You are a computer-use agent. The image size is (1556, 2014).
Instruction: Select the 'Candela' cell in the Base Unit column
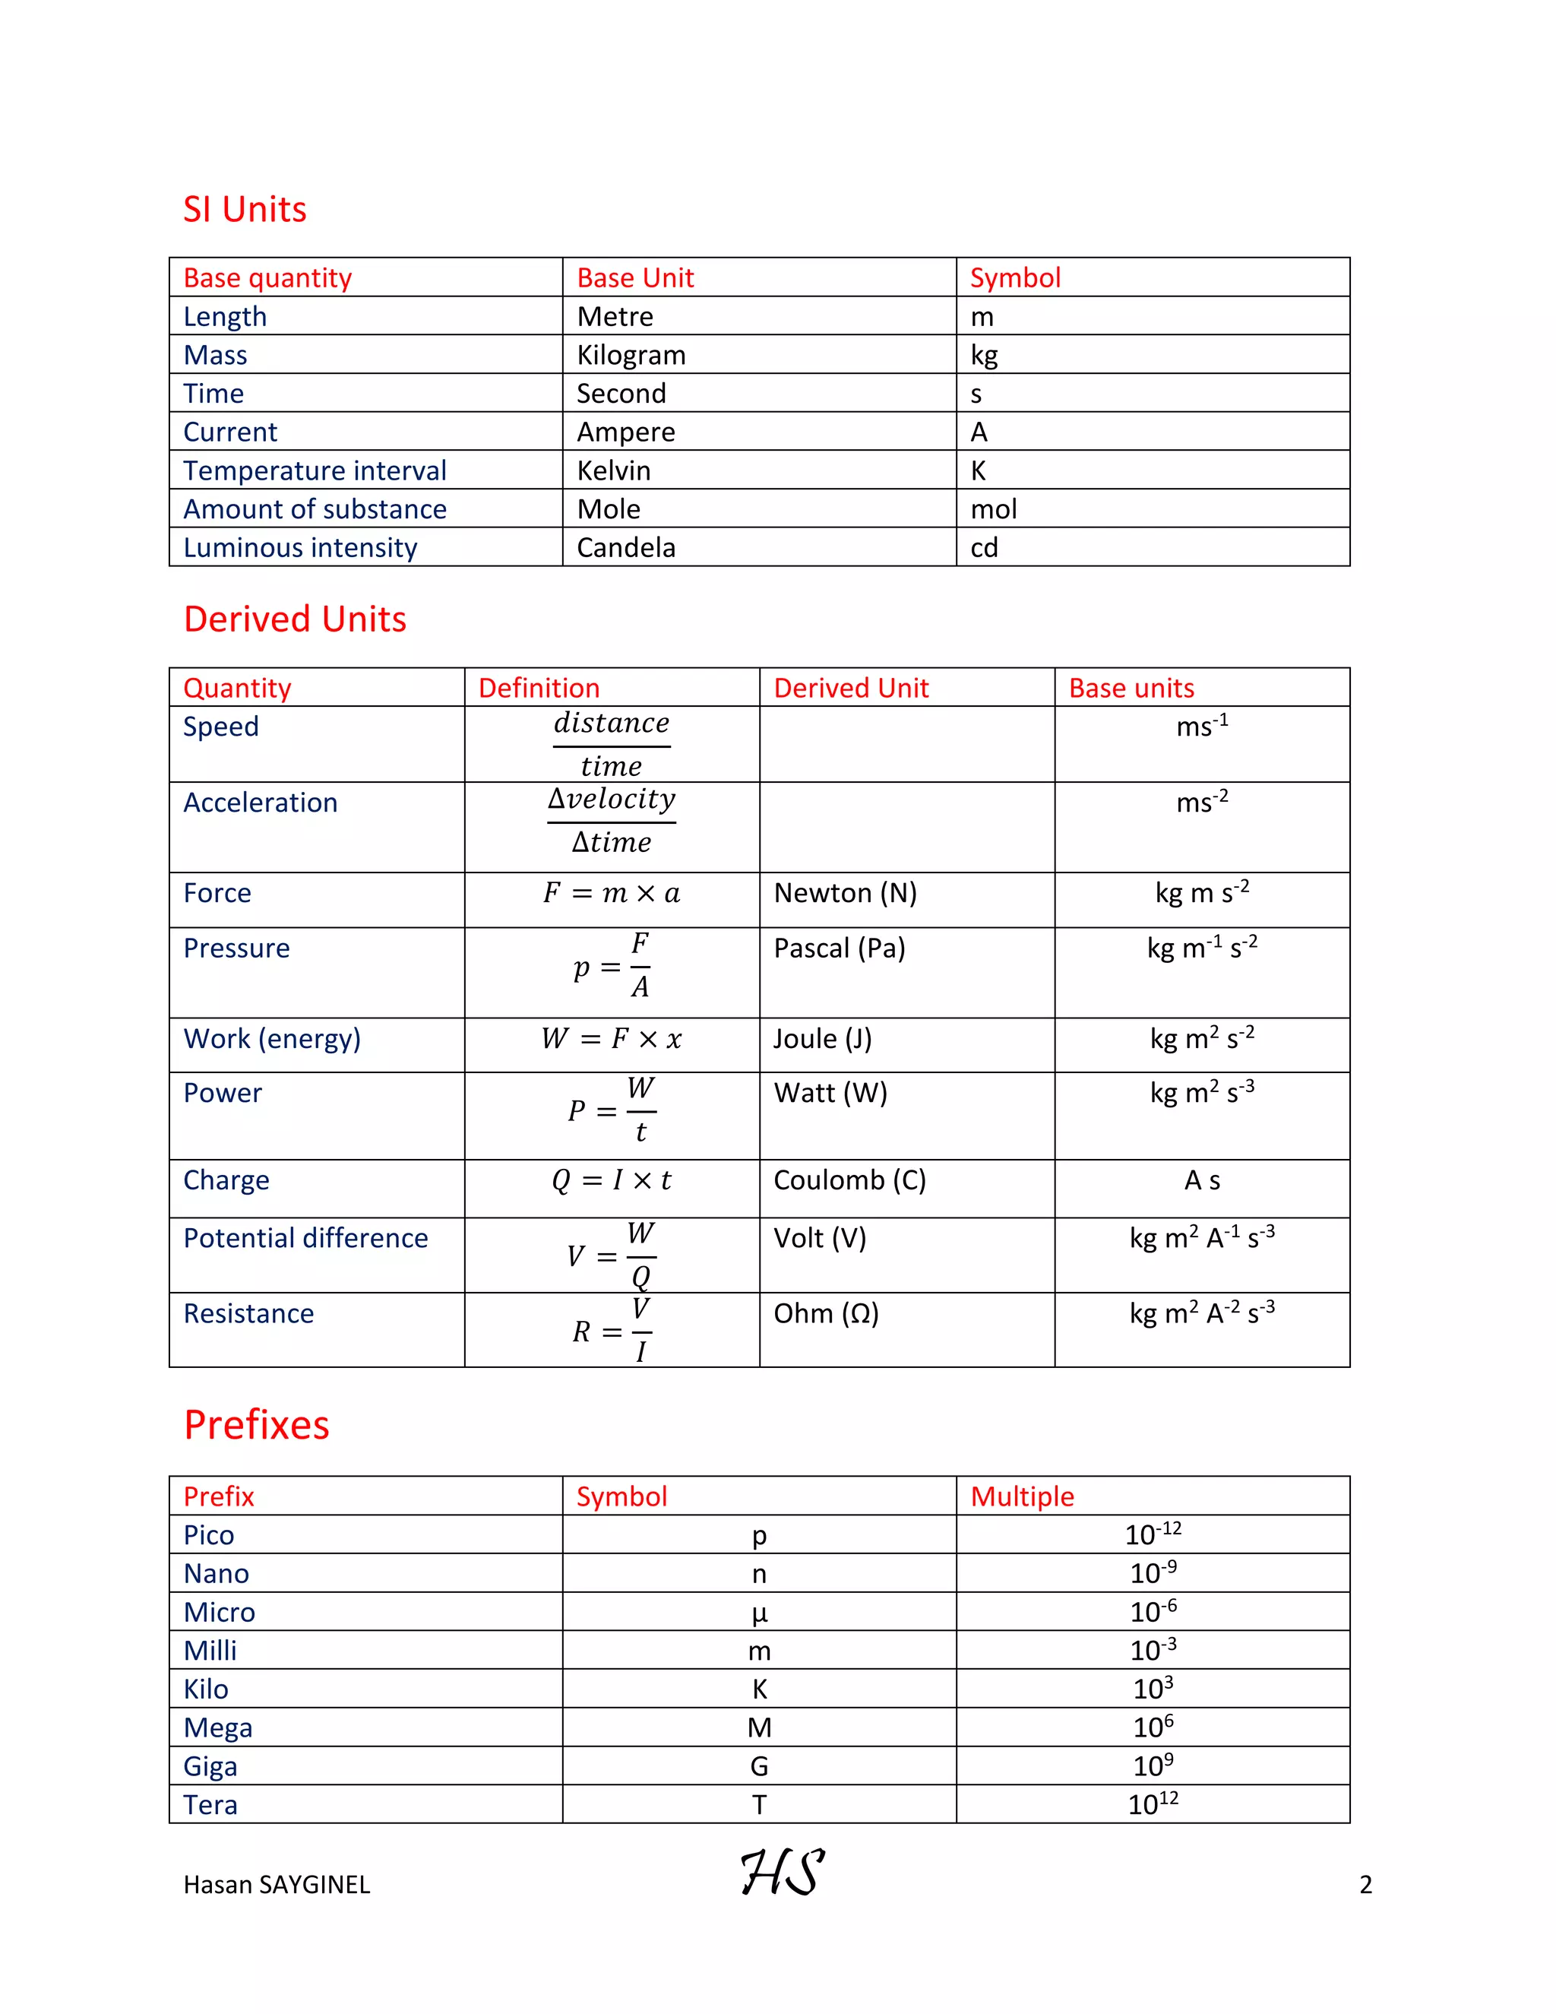626,548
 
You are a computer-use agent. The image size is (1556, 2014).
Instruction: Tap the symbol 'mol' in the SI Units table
993,509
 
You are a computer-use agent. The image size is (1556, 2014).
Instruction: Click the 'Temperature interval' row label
315,470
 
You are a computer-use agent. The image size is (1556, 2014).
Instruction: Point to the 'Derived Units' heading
295,619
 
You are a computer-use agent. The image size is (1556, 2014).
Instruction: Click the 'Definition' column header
539,688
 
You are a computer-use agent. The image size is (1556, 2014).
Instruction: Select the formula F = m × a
611,893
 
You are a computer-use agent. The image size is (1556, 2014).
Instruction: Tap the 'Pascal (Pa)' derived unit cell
839,948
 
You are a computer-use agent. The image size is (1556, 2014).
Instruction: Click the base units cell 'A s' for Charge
1201,1180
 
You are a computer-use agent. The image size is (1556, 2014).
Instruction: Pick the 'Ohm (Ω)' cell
826,1313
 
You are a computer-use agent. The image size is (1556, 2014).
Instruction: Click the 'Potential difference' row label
305,1237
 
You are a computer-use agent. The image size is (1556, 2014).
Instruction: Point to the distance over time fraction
611,744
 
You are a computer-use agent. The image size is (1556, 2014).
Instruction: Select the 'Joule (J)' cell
822,1038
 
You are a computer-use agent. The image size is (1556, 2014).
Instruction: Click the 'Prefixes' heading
256,1425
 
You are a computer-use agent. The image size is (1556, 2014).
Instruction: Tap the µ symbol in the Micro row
759,1613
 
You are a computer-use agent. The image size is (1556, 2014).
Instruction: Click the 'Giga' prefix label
210,1766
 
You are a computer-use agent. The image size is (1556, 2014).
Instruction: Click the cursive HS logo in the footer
782,1873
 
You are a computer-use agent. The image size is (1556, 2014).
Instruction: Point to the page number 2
1365,1885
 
